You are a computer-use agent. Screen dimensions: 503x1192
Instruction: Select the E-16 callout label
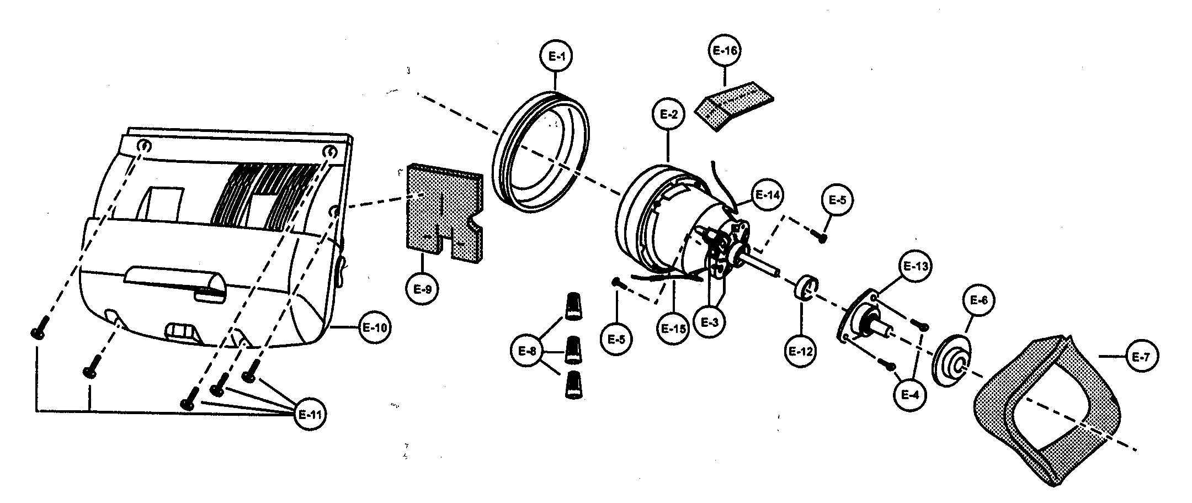724,50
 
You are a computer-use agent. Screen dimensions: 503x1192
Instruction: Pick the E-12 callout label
801,351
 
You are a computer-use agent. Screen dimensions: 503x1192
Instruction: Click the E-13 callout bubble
913,266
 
